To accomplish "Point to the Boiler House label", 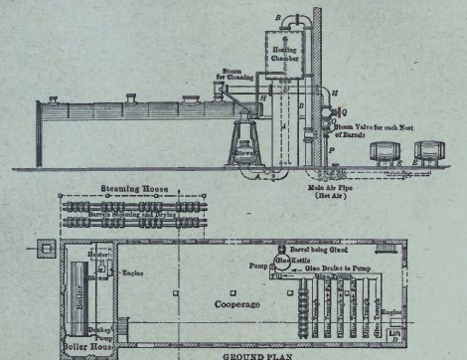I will pos(86,349).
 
